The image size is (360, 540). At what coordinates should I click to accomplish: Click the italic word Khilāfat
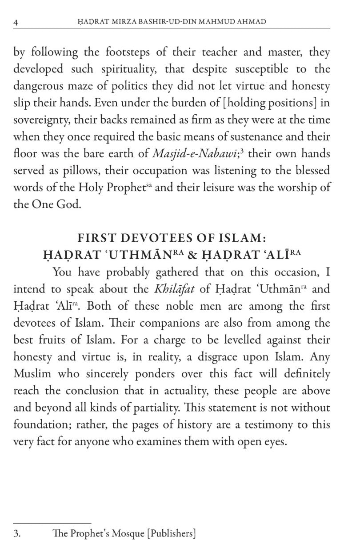point(171,289)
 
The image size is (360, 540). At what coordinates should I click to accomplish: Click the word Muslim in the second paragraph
point(30,374)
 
